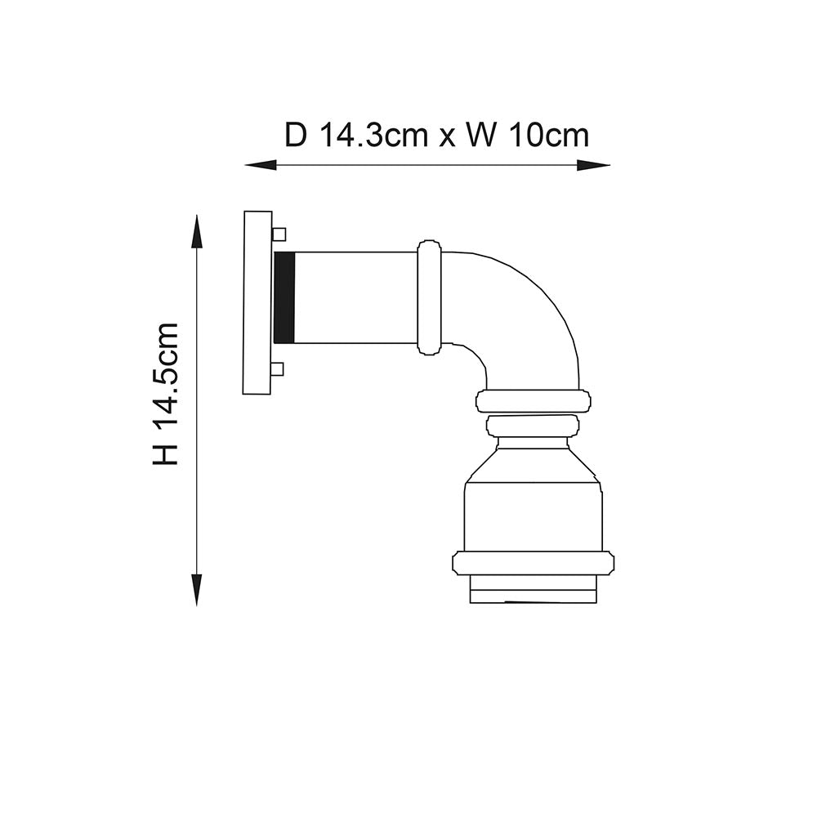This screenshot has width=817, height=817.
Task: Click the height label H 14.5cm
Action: tap(165, 394)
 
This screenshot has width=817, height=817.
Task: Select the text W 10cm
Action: tap(527, 135)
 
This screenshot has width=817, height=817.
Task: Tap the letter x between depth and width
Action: tap(447, 136)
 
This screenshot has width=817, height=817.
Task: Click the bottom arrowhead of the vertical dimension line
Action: tap(196, 590)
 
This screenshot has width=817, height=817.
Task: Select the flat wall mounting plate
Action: tap(257, 302)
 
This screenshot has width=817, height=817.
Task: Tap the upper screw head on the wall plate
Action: tap(279, 234)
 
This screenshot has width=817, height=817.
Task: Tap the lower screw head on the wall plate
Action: tap(278, 369)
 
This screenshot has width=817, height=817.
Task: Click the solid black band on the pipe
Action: tap(283, 297)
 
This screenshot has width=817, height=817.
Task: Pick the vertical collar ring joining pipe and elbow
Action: tap(429, 297)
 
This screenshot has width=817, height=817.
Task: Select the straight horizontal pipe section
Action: tap(355, 297)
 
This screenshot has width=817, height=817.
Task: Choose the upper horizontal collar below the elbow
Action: tap(533, 401)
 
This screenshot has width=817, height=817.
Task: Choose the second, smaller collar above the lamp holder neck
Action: tap(533, 426)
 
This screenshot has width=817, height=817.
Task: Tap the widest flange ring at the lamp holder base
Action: tap(533, 563)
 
